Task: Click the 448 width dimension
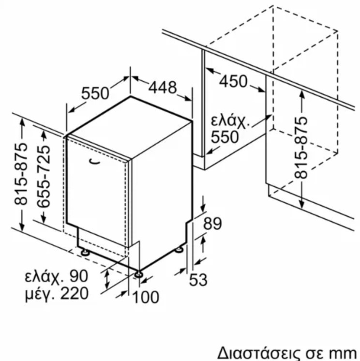click(163, 87)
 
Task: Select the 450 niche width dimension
click(233, 81)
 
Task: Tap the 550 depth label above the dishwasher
click(95, 93)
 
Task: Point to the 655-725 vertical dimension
click(44, 176)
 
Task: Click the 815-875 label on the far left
click(21, 174)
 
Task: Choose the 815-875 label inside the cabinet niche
click(301, 148)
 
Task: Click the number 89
click(212, 223)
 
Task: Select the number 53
click(198, 280)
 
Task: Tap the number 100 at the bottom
click(146, 297)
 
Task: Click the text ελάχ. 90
click(57, 275)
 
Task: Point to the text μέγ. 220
click(57, 293)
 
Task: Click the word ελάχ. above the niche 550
click(230, 121)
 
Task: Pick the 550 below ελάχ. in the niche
click(225, 137)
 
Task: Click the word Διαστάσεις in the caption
click(259, 353)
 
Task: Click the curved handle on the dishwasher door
click(94, 162)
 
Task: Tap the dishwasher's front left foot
click(85, 252)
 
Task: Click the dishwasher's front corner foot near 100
click(139, 274)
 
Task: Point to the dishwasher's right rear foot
click(179, 250)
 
